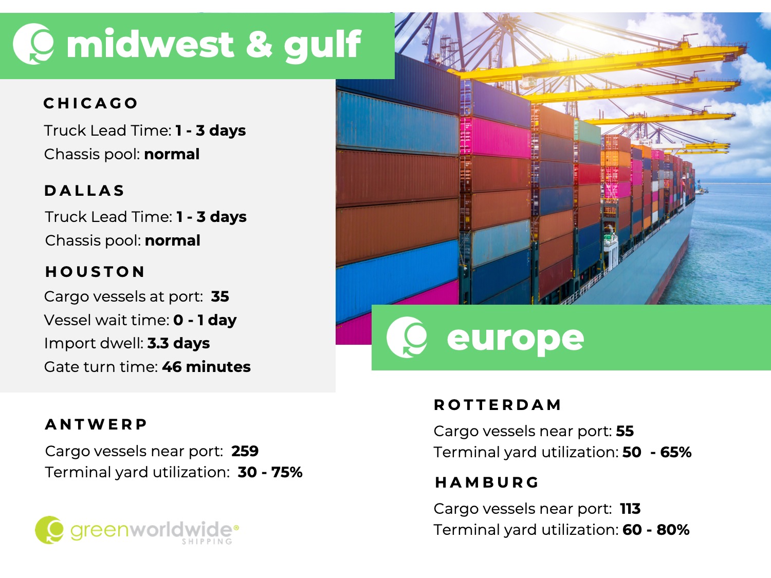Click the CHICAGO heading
pyautogui.click(x=90, y=103)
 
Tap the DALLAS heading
pyautogui.click(x=84, y=191)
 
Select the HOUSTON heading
pyautogui.click(x=95, y=272)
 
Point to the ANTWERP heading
pyautogui.click(x=96, y=424)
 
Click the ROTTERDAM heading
pyautogui.click(x=498, y=405)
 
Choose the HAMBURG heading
pyautogui.click(x=486, y=482)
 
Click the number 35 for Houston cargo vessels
pyautogui.click(x=220, y=296)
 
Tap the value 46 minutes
pyautogui.click(x=206, y=367)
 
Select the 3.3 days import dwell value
pyautogui.click(x=178, y=343)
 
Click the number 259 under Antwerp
pyautogui.click(x=245, y=451)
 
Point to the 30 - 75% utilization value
pyautogui.click(x=270, y=472)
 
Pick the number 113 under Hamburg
pyautogui.click(x=630, y=509)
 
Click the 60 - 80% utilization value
pyautogui.click(x=656, y=530)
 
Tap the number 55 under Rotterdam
pyautogui.click(x=625, y=431)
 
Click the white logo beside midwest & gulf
pyautogui.click(x=34, y=44)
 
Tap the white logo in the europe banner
pyautogui.click(x=407, y=337)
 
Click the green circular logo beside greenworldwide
pyautogui.click(x=49, y=530)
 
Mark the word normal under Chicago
pyautogui.click(x=172, y=154)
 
